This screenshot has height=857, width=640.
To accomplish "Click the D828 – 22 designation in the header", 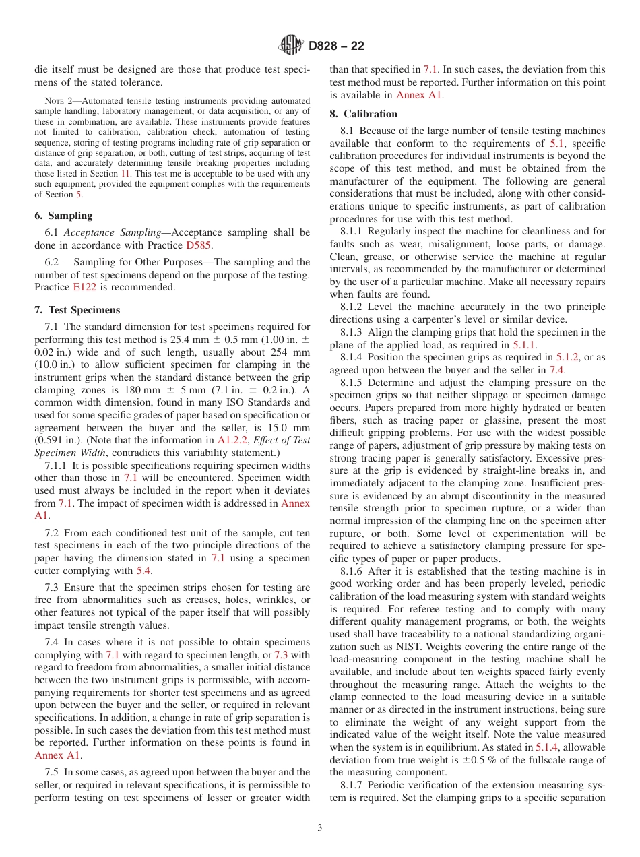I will click(x=336, y=46).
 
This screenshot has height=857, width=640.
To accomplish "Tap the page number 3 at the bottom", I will click(x=320, y=828).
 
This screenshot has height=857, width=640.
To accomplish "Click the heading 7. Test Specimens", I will click(x=77, y=310).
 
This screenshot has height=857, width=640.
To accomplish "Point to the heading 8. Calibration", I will click(x=363, y=114).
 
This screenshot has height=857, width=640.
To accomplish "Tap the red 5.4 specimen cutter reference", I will click(x=143, y=571).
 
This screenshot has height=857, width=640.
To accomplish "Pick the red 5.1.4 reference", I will click(x=547, y=747).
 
